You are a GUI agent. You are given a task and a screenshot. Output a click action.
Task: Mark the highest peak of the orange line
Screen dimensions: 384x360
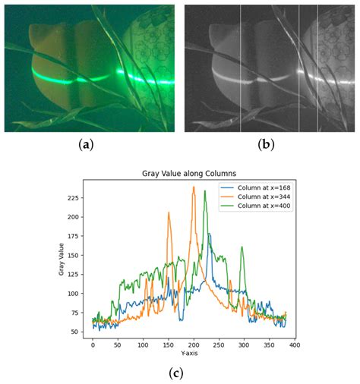click(x=194, y=187)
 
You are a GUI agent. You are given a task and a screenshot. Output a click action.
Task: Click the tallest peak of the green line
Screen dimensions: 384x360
click(x=204, y=190)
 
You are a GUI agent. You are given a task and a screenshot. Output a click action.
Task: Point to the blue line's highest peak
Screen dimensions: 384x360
click(x=209, y=234)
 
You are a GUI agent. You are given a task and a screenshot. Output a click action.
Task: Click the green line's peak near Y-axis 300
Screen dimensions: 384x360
click(x=242, y=247)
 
